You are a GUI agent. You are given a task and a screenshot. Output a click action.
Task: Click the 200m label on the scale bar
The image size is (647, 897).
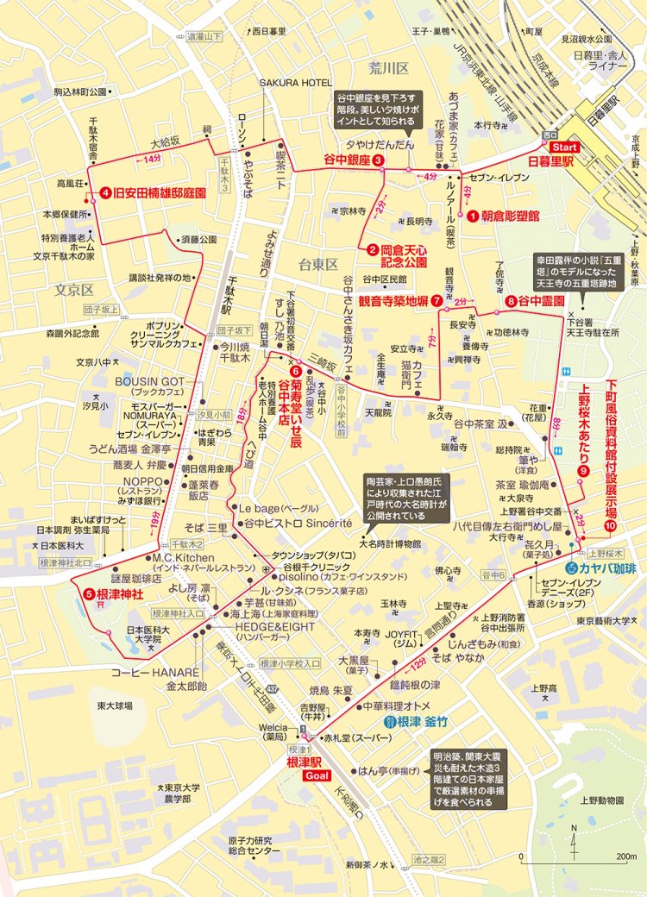tap(619, 856)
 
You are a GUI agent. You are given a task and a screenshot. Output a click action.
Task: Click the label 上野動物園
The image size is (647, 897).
tap(600, 799)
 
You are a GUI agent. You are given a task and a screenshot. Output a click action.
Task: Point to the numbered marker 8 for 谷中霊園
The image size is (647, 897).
tap(512, 301)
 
